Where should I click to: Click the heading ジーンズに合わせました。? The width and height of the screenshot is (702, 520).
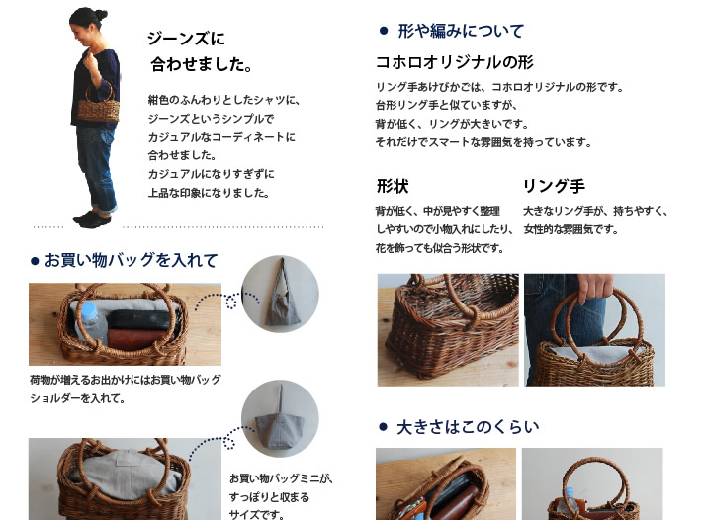click(x=200, y=51)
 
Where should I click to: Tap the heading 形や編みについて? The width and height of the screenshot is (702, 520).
click(x=461, y=31)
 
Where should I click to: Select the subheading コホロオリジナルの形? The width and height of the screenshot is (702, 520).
click(x=455, y=62)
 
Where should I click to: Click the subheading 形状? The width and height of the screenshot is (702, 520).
click(x=393, y=186)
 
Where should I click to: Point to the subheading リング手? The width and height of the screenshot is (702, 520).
click(x=554, y=186)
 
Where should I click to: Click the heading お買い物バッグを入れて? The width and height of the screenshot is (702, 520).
click(x=132, y=260)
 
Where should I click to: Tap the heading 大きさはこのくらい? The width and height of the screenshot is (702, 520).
click(x=468, y=427)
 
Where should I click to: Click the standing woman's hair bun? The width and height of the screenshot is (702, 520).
click(x=101, y=14)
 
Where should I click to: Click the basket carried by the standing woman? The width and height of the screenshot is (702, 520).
click(x=99, y=104)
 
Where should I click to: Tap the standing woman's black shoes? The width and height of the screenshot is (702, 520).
click(x=92, y=218)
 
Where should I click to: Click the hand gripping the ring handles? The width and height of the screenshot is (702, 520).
click(x=595, y=287)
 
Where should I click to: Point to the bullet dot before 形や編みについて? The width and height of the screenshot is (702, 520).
click(x=384, y=31)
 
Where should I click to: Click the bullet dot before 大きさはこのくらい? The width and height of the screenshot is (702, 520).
click(x=383, y=427)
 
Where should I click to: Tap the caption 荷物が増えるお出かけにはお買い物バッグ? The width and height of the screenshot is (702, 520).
click(x=126, y=380)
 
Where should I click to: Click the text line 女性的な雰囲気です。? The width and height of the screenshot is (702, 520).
click(x=570, y=229)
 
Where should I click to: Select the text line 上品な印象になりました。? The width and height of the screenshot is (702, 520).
click(x=209, y=193)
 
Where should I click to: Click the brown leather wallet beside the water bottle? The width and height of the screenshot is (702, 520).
click(x=132, y=339)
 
